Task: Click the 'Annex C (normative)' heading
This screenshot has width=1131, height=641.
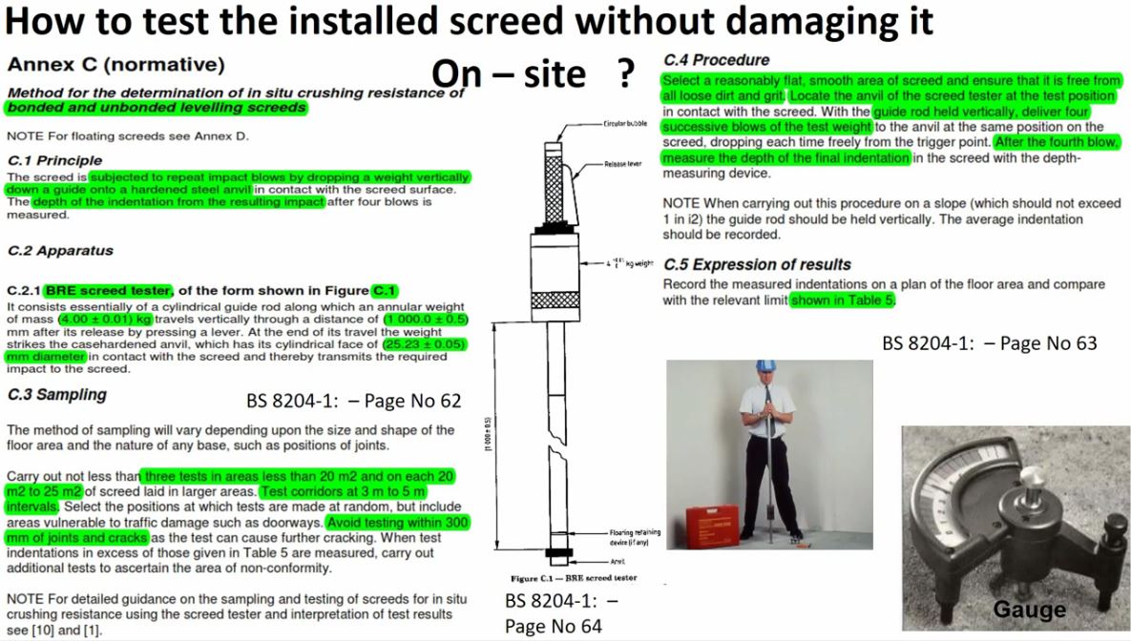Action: pos(115,66)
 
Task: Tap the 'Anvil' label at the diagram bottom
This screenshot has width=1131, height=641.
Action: pos(618,562)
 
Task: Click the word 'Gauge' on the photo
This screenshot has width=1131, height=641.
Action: pos(1030,610)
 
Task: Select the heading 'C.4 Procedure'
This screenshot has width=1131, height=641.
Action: pos(716,60)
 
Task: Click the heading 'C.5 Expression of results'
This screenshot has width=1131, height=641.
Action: pos(757,264)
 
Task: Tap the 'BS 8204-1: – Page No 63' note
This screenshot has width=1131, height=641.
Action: pos(990,342)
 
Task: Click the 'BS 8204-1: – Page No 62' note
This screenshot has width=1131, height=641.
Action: pos(353,401)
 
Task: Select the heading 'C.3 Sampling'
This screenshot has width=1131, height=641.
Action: pos(57,394)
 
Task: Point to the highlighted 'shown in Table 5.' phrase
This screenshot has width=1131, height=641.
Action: pos(844,300)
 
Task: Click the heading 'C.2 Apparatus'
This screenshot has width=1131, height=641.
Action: pos(60,251)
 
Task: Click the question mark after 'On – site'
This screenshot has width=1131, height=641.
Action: pos(626,74)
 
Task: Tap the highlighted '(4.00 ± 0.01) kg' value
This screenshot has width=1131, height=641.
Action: pos(105,319)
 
